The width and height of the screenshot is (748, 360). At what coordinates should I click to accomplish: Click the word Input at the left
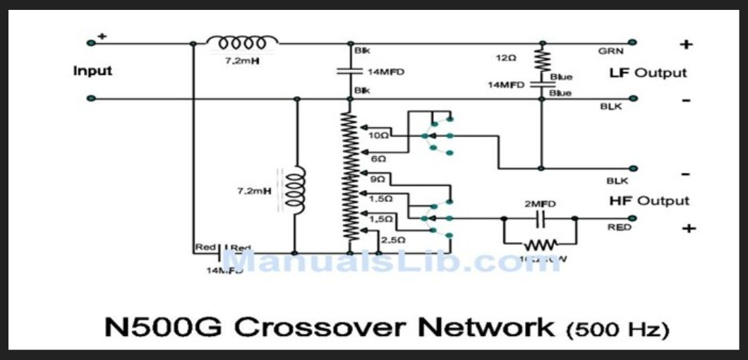(92, 71)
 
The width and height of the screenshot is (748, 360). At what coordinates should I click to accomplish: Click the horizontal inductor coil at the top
(242, 42)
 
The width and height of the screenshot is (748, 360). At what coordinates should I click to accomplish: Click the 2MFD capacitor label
(540, 203)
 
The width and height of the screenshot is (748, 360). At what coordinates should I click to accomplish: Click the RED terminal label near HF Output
(617, 227)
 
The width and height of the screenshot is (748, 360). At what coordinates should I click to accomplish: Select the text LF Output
(648, 73)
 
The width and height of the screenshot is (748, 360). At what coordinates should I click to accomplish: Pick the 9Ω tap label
(378, 180)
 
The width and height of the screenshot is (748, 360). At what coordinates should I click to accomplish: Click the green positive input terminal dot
(91, 43)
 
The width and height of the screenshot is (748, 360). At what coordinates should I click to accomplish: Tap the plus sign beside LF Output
(685, 44)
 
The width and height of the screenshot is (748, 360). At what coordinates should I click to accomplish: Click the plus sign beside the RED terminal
(689, 228)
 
